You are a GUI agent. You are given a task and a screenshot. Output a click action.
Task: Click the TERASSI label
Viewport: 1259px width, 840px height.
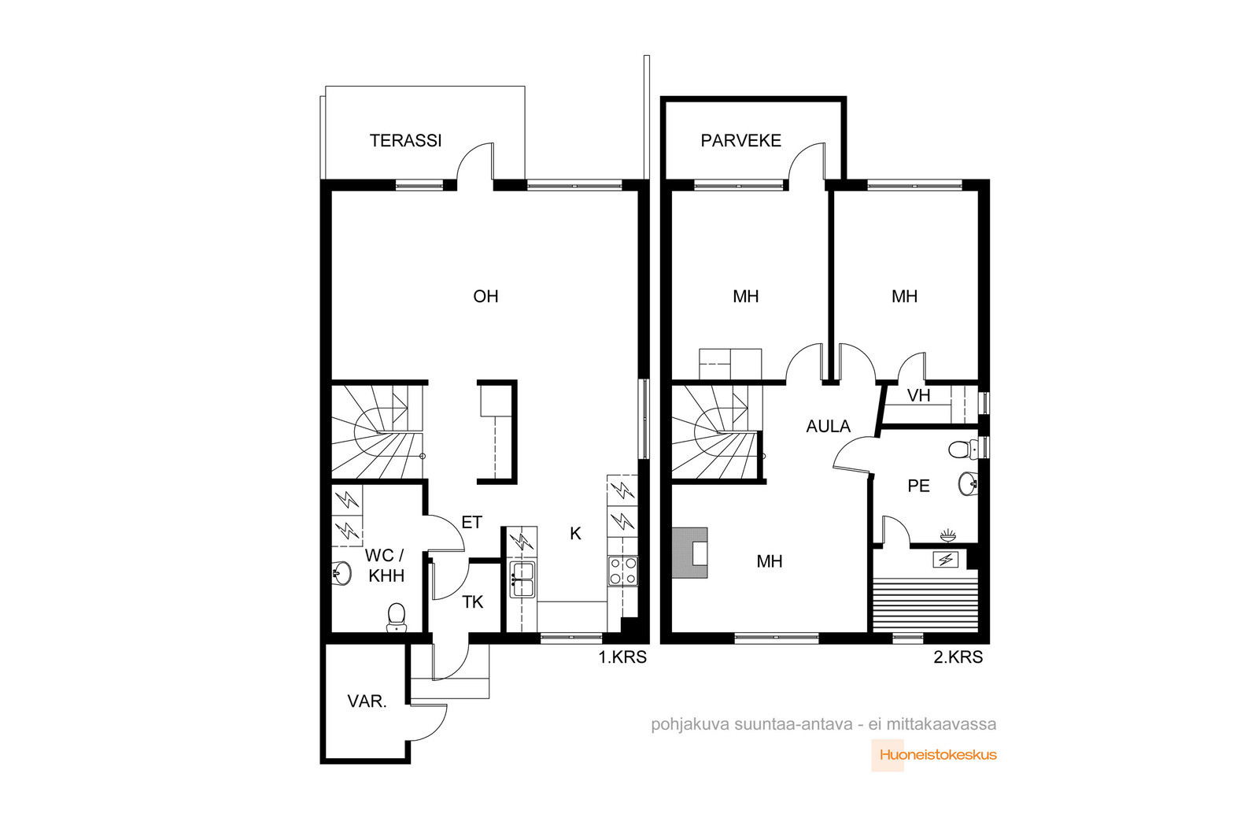[405, 141]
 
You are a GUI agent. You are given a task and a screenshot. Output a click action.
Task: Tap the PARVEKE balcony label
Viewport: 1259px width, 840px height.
[740, 141]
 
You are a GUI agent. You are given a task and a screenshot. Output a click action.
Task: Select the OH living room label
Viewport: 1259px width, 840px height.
[486, 296]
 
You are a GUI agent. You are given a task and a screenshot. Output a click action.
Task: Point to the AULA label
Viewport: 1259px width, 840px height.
[828, 426]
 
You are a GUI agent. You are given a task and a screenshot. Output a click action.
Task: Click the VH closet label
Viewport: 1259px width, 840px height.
[919, 395]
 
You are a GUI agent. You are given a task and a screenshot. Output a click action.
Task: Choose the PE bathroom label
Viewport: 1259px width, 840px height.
[918, 486]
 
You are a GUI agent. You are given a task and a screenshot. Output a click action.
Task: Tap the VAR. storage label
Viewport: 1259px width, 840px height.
[367, 701]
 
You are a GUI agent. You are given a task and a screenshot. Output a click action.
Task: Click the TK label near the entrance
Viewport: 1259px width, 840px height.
[473, 602]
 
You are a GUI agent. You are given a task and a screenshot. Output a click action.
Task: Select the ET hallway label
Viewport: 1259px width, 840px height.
[471, 522]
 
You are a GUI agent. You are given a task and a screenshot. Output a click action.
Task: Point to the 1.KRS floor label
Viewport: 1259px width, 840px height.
[622, 657]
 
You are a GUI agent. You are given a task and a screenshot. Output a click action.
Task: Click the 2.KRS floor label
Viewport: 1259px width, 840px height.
[958, 657]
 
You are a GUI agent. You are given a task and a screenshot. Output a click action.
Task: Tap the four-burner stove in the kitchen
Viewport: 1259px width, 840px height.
[622, 571]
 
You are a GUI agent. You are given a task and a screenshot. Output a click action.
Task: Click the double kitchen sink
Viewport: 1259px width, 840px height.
[522, 579]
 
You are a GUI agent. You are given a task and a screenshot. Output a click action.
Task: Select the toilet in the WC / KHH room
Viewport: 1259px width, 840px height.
[397, 616]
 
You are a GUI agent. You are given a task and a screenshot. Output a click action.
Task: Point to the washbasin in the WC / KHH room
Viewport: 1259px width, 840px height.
[342, 573]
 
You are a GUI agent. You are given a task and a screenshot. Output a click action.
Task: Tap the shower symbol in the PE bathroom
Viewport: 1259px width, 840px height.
[948, 535]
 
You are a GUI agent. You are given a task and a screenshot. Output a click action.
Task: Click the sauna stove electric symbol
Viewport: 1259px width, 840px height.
[945, 560]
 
